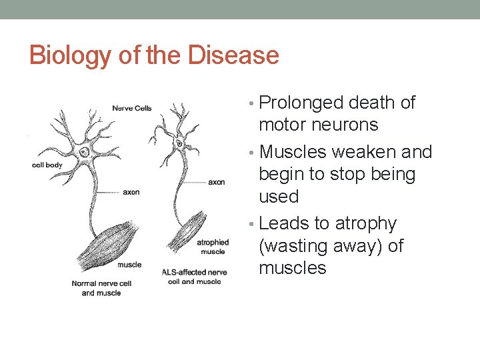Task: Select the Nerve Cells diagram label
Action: (132, 108)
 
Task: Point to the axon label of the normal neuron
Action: (132, 192)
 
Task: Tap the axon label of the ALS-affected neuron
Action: (217, 181)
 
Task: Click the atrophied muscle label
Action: (213, 247)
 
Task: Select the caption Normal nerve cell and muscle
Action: (97, 288)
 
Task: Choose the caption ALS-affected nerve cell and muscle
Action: (194, 277)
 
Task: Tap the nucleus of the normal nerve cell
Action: (83, 153)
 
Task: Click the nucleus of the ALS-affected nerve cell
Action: (179, 143)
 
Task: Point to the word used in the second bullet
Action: (278, 197)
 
